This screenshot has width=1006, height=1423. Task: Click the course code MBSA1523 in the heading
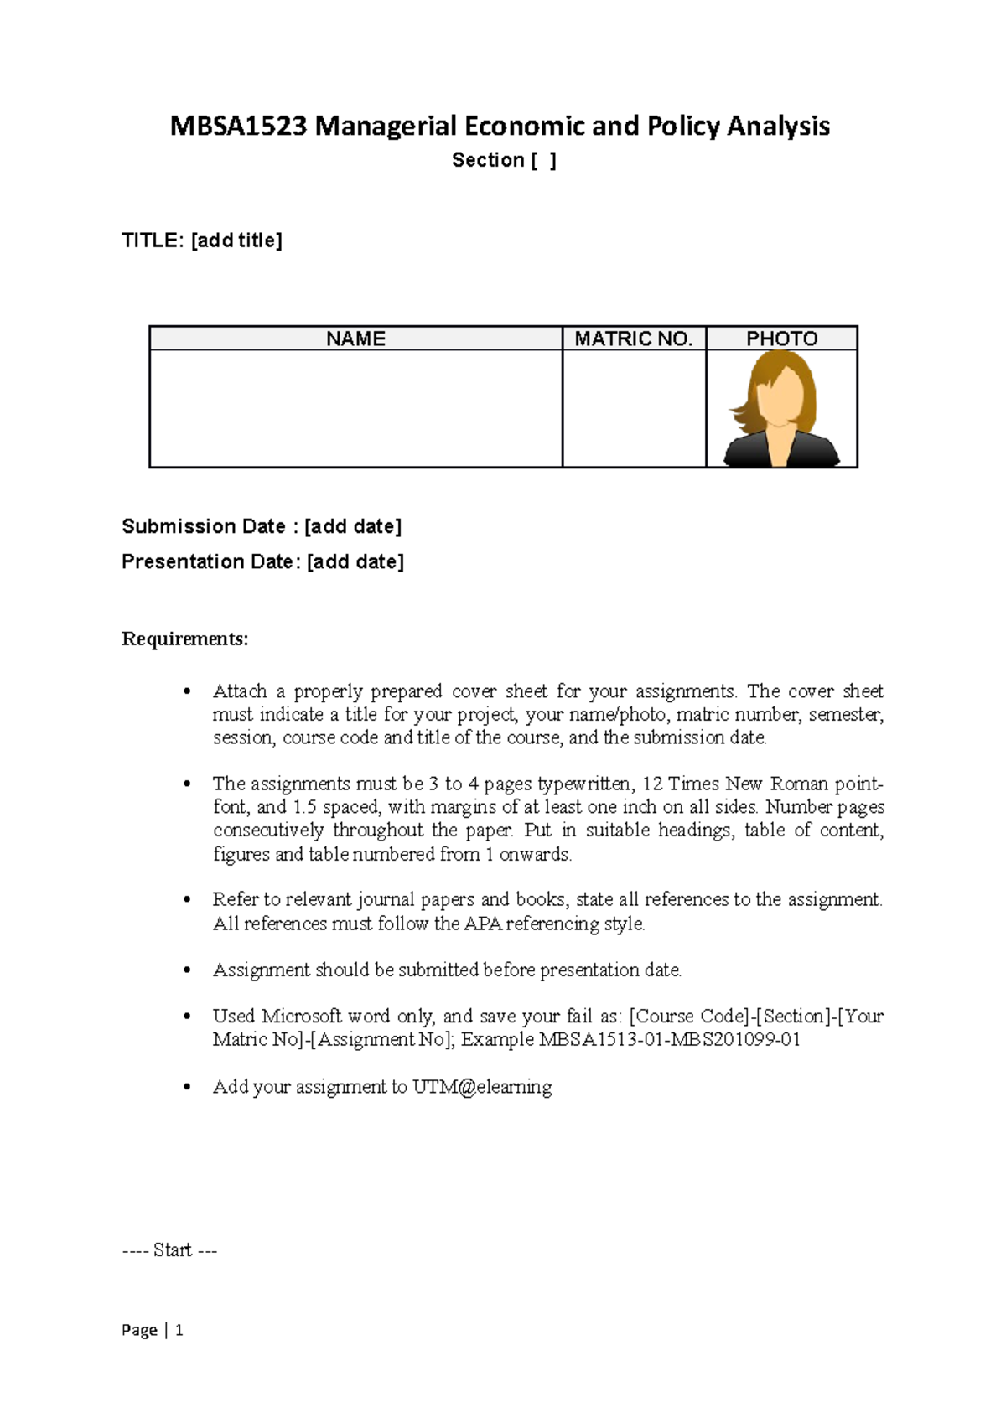(x=238, y=126)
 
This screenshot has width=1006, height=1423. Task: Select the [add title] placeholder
(x=237, y=241)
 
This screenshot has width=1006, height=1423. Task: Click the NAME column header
(x=355, y=339)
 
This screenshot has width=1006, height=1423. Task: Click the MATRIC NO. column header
(x=634, y=339)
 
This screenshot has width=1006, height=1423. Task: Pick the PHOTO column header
(x=781, y=339)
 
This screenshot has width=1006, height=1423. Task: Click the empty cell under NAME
(x=355, y=408)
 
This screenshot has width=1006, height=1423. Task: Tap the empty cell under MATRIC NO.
(x=634, y=408)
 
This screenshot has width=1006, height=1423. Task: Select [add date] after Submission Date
(x=353, y=526)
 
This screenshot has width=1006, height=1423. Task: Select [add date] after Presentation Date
(x=355, y=561)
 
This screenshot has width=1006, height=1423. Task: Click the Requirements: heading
(x=185, y=639)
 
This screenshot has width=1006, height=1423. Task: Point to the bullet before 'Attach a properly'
(x=188, y=692)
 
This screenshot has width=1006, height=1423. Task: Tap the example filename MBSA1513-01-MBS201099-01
(x=669, y=1039)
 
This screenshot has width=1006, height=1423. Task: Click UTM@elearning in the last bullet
(x=482, y=1087)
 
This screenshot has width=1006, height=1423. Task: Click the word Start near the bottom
(x=173, y=1250)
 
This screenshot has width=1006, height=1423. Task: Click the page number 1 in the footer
(x=179, y=1330)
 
